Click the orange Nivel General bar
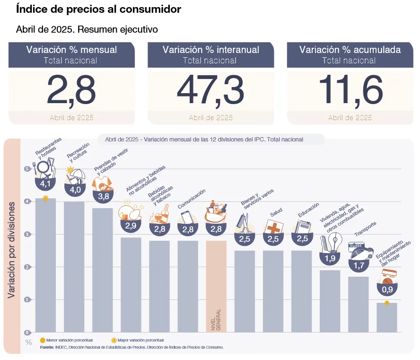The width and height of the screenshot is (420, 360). pyautogui.click(x=216, y=286)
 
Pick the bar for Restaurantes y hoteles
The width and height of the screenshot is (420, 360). pyautogui.click(x=45, y=265)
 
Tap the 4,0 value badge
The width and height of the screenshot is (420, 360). pyautogui.click(x=75, y=190)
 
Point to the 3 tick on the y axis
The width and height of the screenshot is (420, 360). pyautogui.click(x=27, y=234)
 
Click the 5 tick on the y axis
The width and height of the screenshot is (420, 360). pyautogui.click(x=27, y=169)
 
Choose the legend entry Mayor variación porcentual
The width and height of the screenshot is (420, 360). pyautogui.click(x=140, y=340)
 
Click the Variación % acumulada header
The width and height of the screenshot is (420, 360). pyautogui.click(x=350, y=50)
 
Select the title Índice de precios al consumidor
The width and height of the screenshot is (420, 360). pyautogui.click(x=98, y=9)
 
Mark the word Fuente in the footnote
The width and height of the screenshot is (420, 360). pyautogui.click(x=47, y=347)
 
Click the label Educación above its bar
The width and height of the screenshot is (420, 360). pyautogui.click(x=308, y=210)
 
